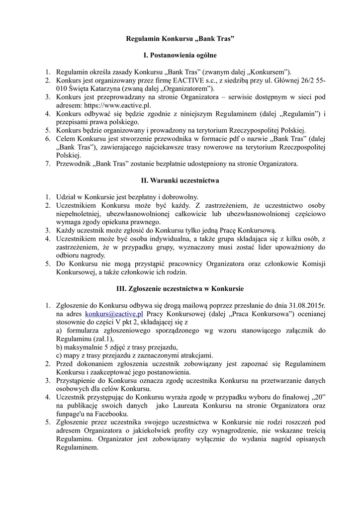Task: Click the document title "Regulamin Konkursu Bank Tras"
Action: (180, 38)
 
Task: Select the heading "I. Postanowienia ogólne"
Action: (180, 55)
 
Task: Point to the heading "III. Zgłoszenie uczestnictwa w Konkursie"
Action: (180, 288)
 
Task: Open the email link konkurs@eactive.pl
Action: (114, 314)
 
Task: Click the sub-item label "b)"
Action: (60, 346)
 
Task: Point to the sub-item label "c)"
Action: (59, 355)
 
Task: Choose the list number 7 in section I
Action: (48, 164)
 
